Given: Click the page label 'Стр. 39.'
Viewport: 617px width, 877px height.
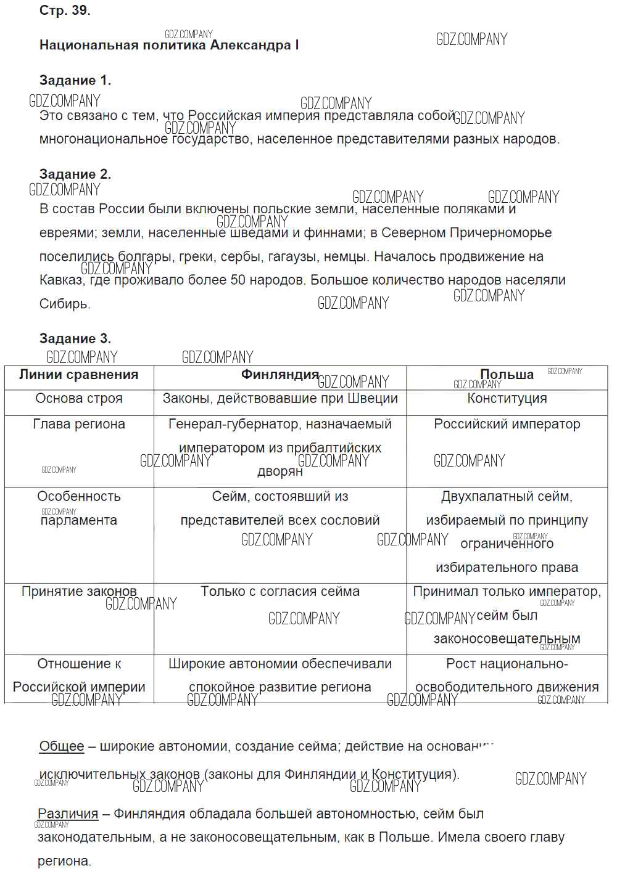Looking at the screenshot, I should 65,10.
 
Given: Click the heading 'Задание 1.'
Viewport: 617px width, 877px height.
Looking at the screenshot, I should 75,80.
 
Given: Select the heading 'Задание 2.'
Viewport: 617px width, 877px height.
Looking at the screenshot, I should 75,174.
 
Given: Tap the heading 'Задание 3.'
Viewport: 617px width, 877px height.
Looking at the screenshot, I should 75,338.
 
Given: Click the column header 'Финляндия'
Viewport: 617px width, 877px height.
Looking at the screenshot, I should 280,374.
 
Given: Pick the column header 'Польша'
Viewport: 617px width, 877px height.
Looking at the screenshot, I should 507,375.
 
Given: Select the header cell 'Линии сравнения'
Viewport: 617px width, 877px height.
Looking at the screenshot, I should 79,375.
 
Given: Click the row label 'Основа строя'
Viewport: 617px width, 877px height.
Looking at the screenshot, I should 79,398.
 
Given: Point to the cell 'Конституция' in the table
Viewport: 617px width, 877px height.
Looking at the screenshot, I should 507,398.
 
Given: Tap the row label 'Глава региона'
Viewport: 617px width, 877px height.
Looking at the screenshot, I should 79,424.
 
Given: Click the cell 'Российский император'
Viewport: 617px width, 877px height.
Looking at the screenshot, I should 507,424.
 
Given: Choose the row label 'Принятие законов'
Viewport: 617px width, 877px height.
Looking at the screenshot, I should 79,592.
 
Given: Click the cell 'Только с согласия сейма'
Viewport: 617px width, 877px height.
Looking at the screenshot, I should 280,592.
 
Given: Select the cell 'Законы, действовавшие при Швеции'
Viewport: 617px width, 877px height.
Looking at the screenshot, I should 280,398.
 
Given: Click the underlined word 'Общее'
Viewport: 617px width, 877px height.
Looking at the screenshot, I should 62,746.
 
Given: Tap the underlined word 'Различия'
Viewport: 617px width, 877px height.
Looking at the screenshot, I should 68,814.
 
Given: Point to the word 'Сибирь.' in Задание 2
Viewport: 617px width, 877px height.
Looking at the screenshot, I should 65,304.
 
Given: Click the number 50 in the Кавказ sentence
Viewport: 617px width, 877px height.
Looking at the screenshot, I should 238,280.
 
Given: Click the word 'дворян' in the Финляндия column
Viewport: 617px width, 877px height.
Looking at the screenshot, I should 280,471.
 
